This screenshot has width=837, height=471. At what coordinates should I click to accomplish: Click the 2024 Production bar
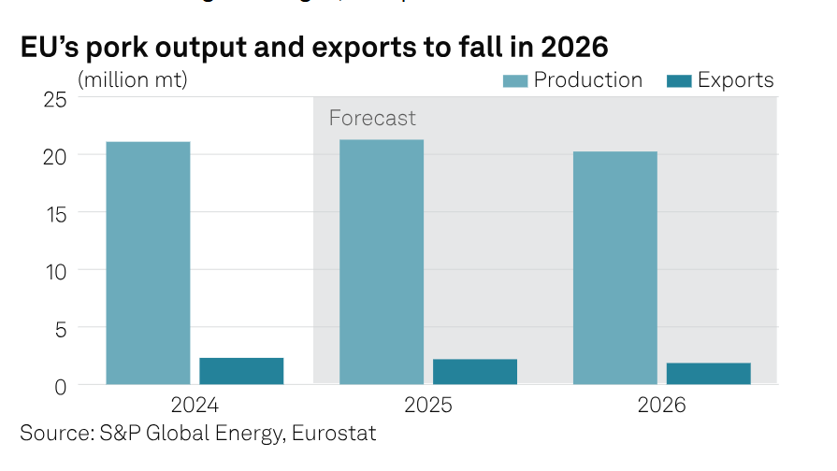coord(148,263)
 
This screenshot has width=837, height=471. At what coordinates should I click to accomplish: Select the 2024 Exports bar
coord(241,370)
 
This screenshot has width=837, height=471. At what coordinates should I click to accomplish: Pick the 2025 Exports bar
coord(475,371)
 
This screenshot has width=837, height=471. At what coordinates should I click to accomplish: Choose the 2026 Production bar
coord(614,267)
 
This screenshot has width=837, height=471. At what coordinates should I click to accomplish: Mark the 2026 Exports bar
coord(708,373)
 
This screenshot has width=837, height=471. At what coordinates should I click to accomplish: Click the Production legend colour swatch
coord(514,80)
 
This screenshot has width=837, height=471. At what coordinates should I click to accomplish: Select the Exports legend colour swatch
coord(678,80)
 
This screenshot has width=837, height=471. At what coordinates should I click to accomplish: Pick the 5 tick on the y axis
coord(60,328)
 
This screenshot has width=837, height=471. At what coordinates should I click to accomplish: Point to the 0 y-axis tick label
coord(60,385)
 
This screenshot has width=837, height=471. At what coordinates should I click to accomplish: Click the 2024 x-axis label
coord(195,406)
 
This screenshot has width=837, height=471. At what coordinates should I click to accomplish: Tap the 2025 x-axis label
coord(428,406)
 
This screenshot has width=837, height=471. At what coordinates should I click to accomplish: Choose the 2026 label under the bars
coord(661,406)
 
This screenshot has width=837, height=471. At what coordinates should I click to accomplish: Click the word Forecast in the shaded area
coord(372,119)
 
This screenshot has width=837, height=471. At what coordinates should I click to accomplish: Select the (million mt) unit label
coord(132,80)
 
